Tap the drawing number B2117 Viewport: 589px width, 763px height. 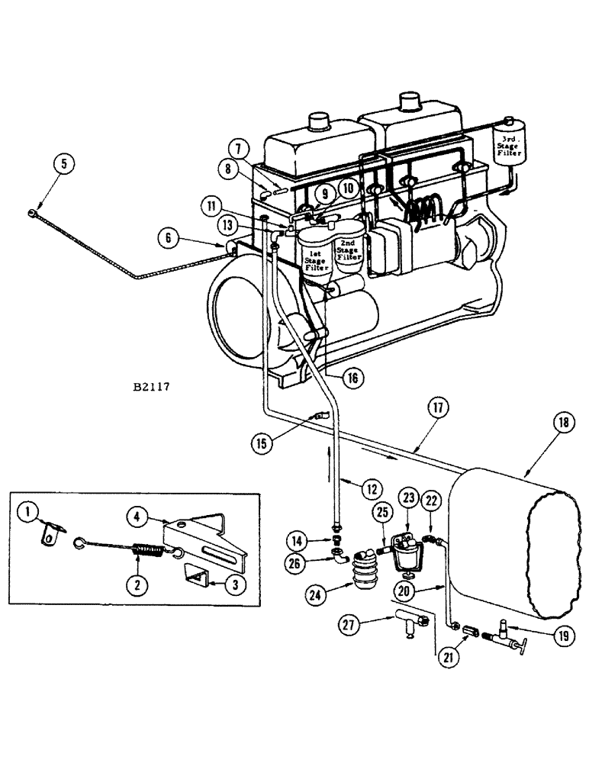[150, 386]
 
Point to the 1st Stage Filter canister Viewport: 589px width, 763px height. [314, 255]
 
